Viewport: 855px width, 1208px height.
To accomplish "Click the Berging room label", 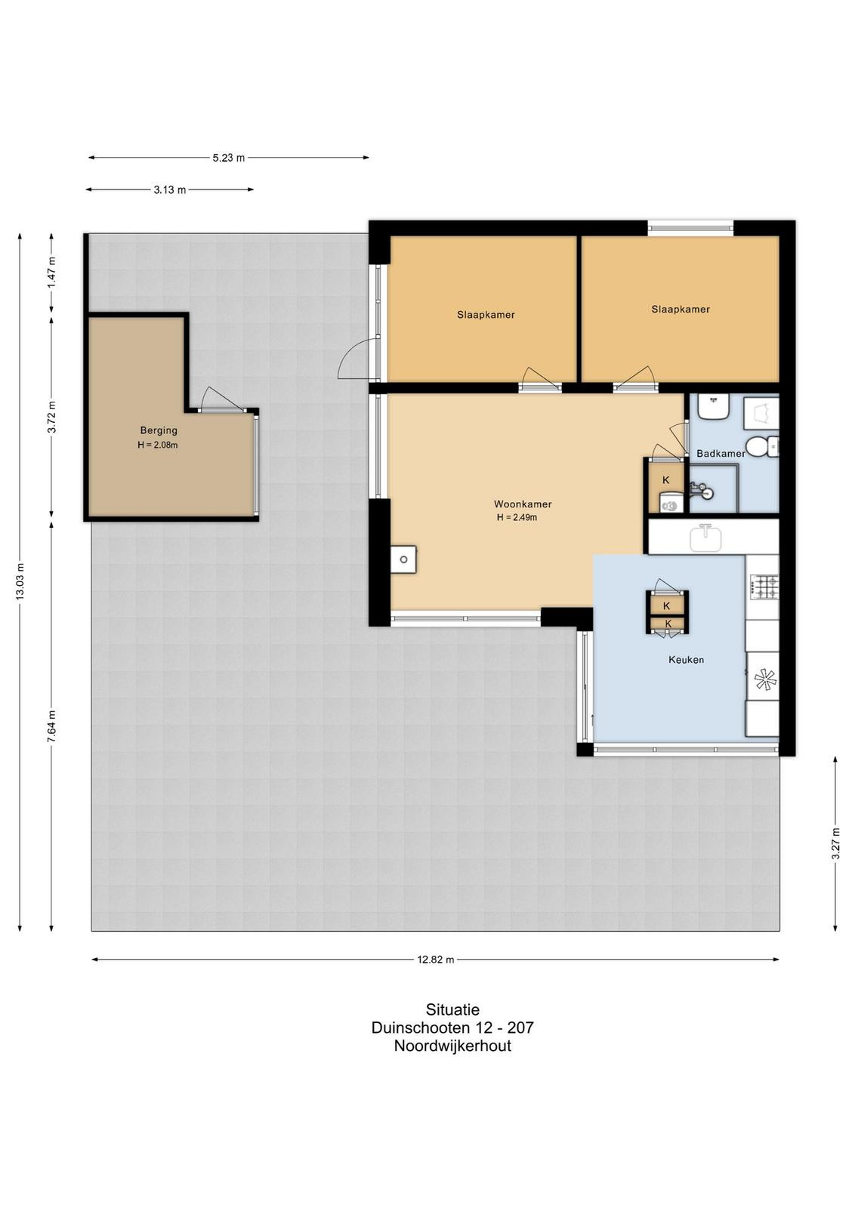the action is point(159,430).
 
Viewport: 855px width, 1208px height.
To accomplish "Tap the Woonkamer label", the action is point(523,504).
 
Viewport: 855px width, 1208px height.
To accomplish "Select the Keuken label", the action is point(686,660).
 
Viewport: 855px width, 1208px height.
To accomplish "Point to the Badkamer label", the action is point(721,454).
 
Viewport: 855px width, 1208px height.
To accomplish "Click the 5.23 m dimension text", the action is point(229,158).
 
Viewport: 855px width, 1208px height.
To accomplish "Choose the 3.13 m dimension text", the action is point(170,190).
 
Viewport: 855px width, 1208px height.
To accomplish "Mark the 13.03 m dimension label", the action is point(20,581).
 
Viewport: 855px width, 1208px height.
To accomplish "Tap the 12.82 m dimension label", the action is point(435,960).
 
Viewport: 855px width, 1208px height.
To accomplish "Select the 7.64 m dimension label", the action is point(52,726).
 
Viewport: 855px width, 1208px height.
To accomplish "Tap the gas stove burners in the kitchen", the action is point(765,587).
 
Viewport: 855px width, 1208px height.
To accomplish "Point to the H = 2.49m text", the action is point(517,518).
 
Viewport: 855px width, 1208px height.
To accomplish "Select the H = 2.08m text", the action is point(158,445).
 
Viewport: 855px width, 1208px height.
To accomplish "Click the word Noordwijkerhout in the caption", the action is point(452,1046).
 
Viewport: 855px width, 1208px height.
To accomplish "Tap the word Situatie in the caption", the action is point(452,1009).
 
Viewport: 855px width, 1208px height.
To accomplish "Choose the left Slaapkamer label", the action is point(486,315).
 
